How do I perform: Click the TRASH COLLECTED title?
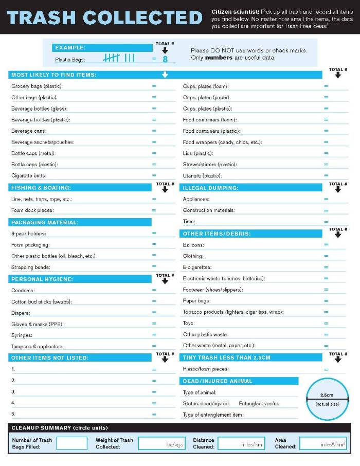pos(105,17)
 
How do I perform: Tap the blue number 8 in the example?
pos(165,59)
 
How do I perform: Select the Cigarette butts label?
pos(29,176)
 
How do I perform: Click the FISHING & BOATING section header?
pos(41,188)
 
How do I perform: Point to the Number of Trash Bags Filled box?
pos(72,443)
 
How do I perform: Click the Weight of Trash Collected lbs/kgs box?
pos(161,443)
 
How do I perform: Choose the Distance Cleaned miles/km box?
pos(241,443)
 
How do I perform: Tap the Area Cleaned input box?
pos(323,443)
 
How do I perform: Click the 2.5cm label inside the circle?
pos(327,395)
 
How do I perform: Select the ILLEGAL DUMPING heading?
pos(210,188)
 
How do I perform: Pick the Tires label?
pos(189,222)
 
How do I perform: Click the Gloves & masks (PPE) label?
pos(37,325)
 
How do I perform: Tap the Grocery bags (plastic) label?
pos(37,86)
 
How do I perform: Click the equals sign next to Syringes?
pos(154,335)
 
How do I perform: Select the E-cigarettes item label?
pos(197,267)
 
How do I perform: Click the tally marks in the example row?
pos(119,59)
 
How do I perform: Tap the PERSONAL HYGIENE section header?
pos(42,279)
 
